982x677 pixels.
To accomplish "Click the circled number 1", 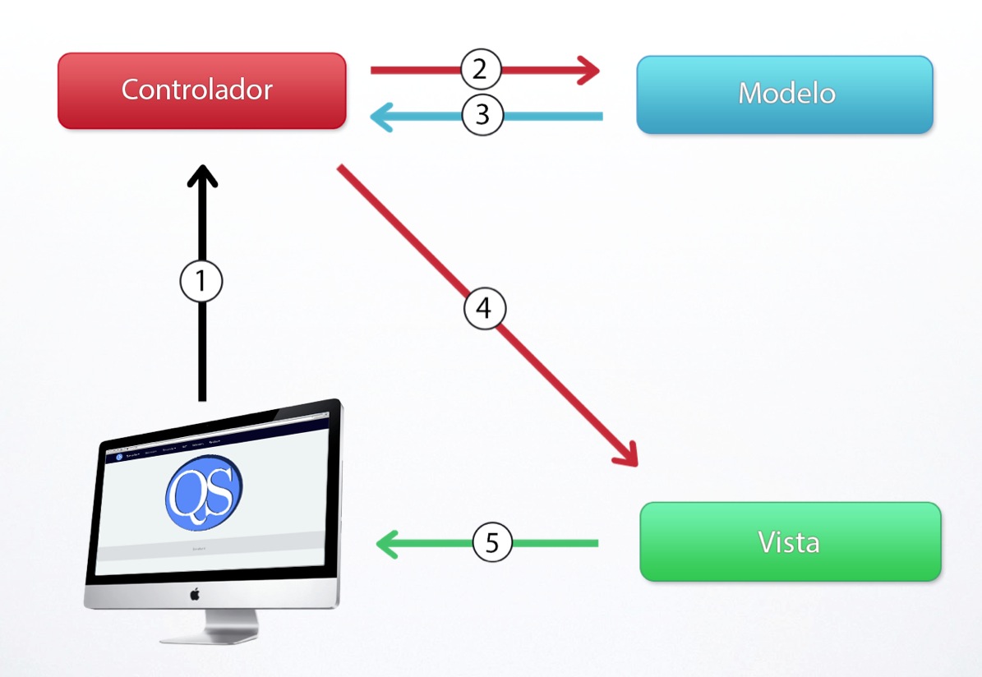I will [x=201, y=282].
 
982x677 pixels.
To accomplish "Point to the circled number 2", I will [x=481, y=69].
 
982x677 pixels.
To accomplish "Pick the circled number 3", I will [x=482, y=116].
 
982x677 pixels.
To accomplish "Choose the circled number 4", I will [x=484, y=308].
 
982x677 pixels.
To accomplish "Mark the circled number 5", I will [x=492, y=543].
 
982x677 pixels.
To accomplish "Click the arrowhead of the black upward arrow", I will [x=202, y=175].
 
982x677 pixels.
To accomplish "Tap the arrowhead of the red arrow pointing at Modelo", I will [x=590, y=70].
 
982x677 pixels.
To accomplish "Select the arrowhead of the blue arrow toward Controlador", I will [x=383, y=117].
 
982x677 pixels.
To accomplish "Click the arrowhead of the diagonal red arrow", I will [x=626, y=454].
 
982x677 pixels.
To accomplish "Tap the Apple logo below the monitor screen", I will [x=195, y=593].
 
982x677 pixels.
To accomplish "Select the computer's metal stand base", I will [x=210, y=633].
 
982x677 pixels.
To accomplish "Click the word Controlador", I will [x=197, y=89].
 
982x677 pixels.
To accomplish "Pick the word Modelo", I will [x=786, y=93].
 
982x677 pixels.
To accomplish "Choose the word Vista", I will [x=789, y=542].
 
